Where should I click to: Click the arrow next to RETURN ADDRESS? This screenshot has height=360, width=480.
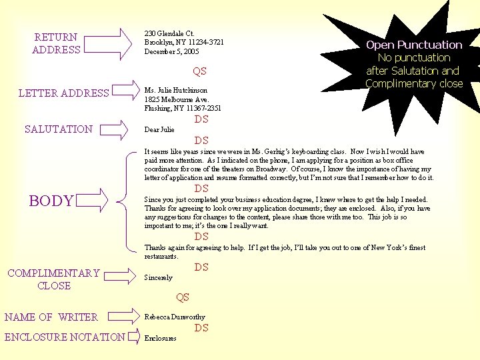(x=108, y=44)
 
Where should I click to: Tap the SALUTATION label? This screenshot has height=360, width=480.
(x=59, y=129)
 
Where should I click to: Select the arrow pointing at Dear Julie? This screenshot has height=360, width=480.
(x=114, y=130)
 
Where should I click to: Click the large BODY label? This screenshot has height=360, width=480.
(x=51, y=201)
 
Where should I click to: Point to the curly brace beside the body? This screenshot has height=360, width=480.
(x=127, y=202)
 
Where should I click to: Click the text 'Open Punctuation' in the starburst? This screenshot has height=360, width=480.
(x=414, y=45)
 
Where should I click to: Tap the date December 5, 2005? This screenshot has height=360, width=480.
(x=171, y=51)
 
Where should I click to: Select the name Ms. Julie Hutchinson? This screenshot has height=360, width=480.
(x=176, y=90)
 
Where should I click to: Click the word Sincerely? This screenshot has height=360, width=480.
(x=159, y=277)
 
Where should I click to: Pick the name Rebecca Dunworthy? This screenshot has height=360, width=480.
(x=175, y=317)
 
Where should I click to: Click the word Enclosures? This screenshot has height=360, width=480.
(x=161, y=338)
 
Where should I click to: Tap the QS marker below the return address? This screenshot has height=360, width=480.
(x=199, y=71)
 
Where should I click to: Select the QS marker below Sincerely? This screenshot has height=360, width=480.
(x=183, y=297)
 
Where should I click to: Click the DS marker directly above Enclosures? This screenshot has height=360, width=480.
(x=201, y=328)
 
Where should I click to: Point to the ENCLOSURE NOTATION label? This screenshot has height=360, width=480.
(x=65, y=337)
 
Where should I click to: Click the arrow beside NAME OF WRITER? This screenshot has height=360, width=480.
(x=124, y=316)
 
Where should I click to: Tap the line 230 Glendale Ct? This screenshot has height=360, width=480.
(x=169, y=33)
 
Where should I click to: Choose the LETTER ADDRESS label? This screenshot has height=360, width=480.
(x=64, y=93)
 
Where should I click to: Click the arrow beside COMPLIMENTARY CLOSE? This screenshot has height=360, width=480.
(x=120, y=276)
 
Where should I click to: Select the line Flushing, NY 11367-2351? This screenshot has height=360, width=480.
(x=183, y=108)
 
